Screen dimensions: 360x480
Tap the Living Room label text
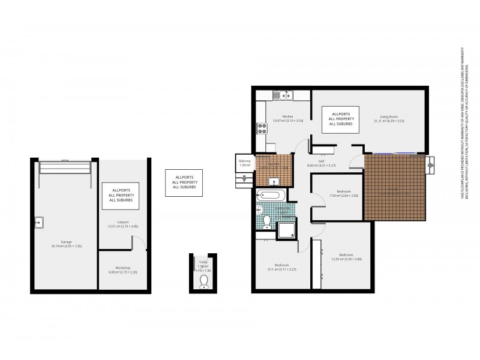pos(388,118)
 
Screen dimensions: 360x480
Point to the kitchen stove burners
pos(262,128)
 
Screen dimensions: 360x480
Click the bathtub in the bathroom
pos(271,196)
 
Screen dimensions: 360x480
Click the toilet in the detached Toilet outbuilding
pos(203,281)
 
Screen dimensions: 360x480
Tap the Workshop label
pos(123,269)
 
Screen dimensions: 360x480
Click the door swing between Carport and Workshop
pos(139,242)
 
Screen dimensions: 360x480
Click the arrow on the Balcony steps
pos(245,178)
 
